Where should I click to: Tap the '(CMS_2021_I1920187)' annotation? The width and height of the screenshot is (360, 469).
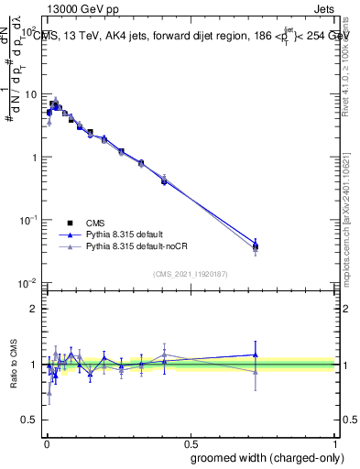(191, 274)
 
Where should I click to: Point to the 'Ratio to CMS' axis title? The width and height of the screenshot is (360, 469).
(13, 365)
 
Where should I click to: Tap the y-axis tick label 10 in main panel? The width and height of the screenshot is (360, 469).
(30, 94)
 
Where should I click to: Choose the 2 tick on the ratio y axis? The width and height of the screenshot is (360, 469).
(34, 309)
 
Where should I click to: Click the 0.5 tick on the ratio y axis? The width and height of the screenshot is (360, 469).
(30, 419)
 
